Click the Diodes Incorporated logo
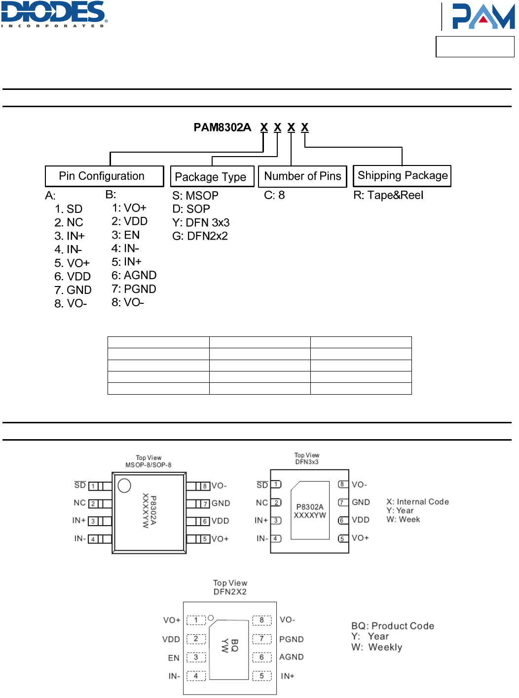54,14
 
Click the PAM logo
483,16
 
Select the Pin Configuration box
104,176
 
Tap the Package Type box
212,177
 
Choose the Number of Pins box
302,176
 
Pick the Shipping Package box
402,176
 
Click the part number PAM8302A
222,127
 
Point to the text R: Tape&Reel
388,195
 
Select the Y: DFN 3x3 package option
201,223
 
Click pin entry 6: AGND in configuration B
134,275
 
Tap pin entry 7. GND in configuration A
73,290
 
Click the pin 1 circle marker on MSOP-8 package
124,486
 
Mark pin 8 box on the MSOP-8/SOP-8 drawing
205,486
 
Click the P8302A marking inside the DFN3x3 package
310,507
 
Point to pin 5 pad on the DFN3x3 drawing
342,538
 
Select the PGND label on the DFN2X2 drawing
291,639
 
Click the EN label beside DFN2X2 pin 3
174,658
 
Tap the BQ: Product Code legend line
393,626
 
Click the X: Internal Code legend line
417,502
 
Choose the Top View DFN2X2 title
230,587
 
